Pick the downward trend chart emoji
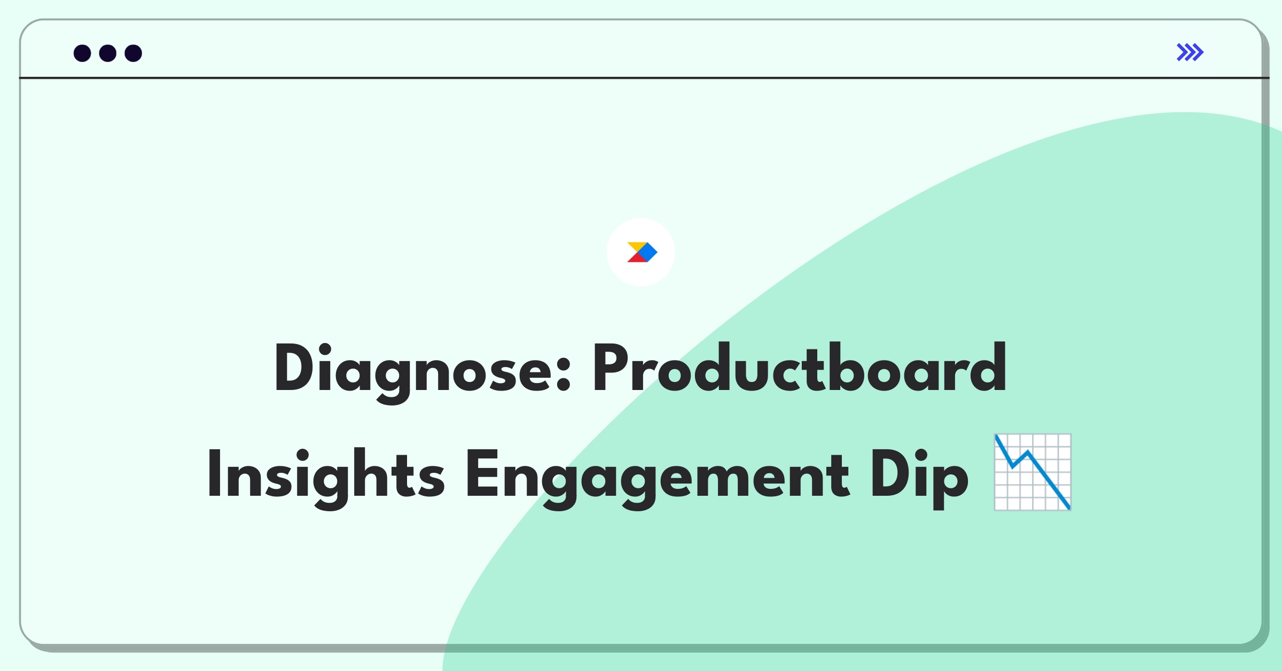click(x=1033, y=472)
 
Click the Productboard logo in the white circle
click(x=642, y=252)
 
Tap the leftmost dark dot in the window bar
click(x=82, y=53)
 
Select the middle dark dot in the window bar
click(x=108, y=53)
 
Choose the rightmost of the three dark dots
click(x=134, y=53)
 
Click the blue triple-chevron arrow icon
click(x=1190, y=52)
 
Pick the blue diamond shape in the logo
click(x=647, y=252)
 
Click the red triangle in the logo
click(x=636, y=258)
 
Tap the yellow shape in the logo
click(x=637, y=246)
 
